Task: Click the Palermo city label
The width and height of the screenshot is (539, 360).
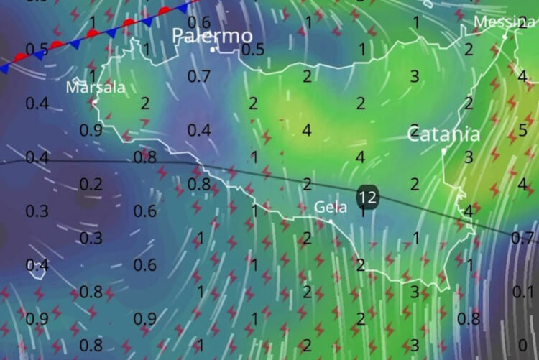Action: (x=212, y=35)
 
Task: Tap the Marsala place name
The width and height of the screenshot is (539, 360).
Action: (x=95, y=88)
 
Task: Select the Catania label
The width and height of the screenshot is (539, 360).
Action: (x=443, y=134)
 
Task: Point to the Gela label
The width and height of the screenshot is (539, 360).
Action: (x=331, y=207)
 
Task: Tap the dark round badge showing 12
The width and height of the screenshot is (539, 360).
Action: (x=367, y=195)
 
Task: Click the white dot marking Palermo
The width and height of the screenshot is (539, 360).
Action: (x=213, y=50)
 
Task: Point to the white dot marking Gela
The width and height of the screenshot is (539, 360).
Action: (x=331, y=220)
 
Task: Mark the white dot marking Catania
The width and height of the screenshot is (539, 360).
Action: (x=445, y=151)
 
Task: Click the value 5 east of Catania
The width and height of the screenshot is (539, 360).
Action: (x=522, y=130)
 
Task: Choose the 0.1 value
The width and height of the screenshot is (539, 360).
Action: (x=523, y=290)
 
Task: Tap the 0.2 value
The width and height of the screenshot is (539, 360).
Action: (x=91, y=184)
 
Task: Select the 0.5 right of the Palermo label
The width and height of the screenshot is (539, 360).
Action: (x=253, y=49)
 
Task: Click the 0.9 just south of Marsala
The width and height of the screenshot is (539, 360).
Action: (x=91, y=130)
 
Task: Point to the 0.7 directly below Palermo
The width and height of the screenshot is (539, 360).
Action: (x=199, y=75)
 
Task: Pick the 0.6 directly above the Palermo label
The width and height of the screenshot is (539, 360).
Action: (x=204, y=22)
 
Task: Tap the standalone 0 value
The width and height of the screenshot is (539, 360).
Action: (x=522, y=344)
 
